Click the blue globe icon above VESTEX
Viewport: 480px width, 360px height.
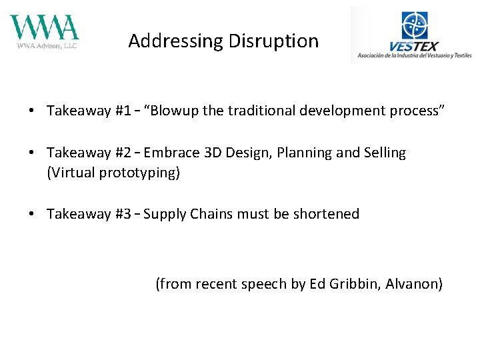pyautogui.click(x=415, y=25)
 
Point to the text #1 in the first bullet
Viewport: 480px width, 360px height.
pyautogui.click(x=123, y=111)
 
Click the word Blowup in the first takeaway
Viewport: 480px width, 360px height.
pyautogui.click(x=175, y=111)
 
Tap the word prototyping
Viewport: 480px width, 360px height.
pyautogui.click(x=140, y=173)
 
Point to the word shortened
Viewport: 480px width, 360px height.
pyautogui.click(x=327, y=214)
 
